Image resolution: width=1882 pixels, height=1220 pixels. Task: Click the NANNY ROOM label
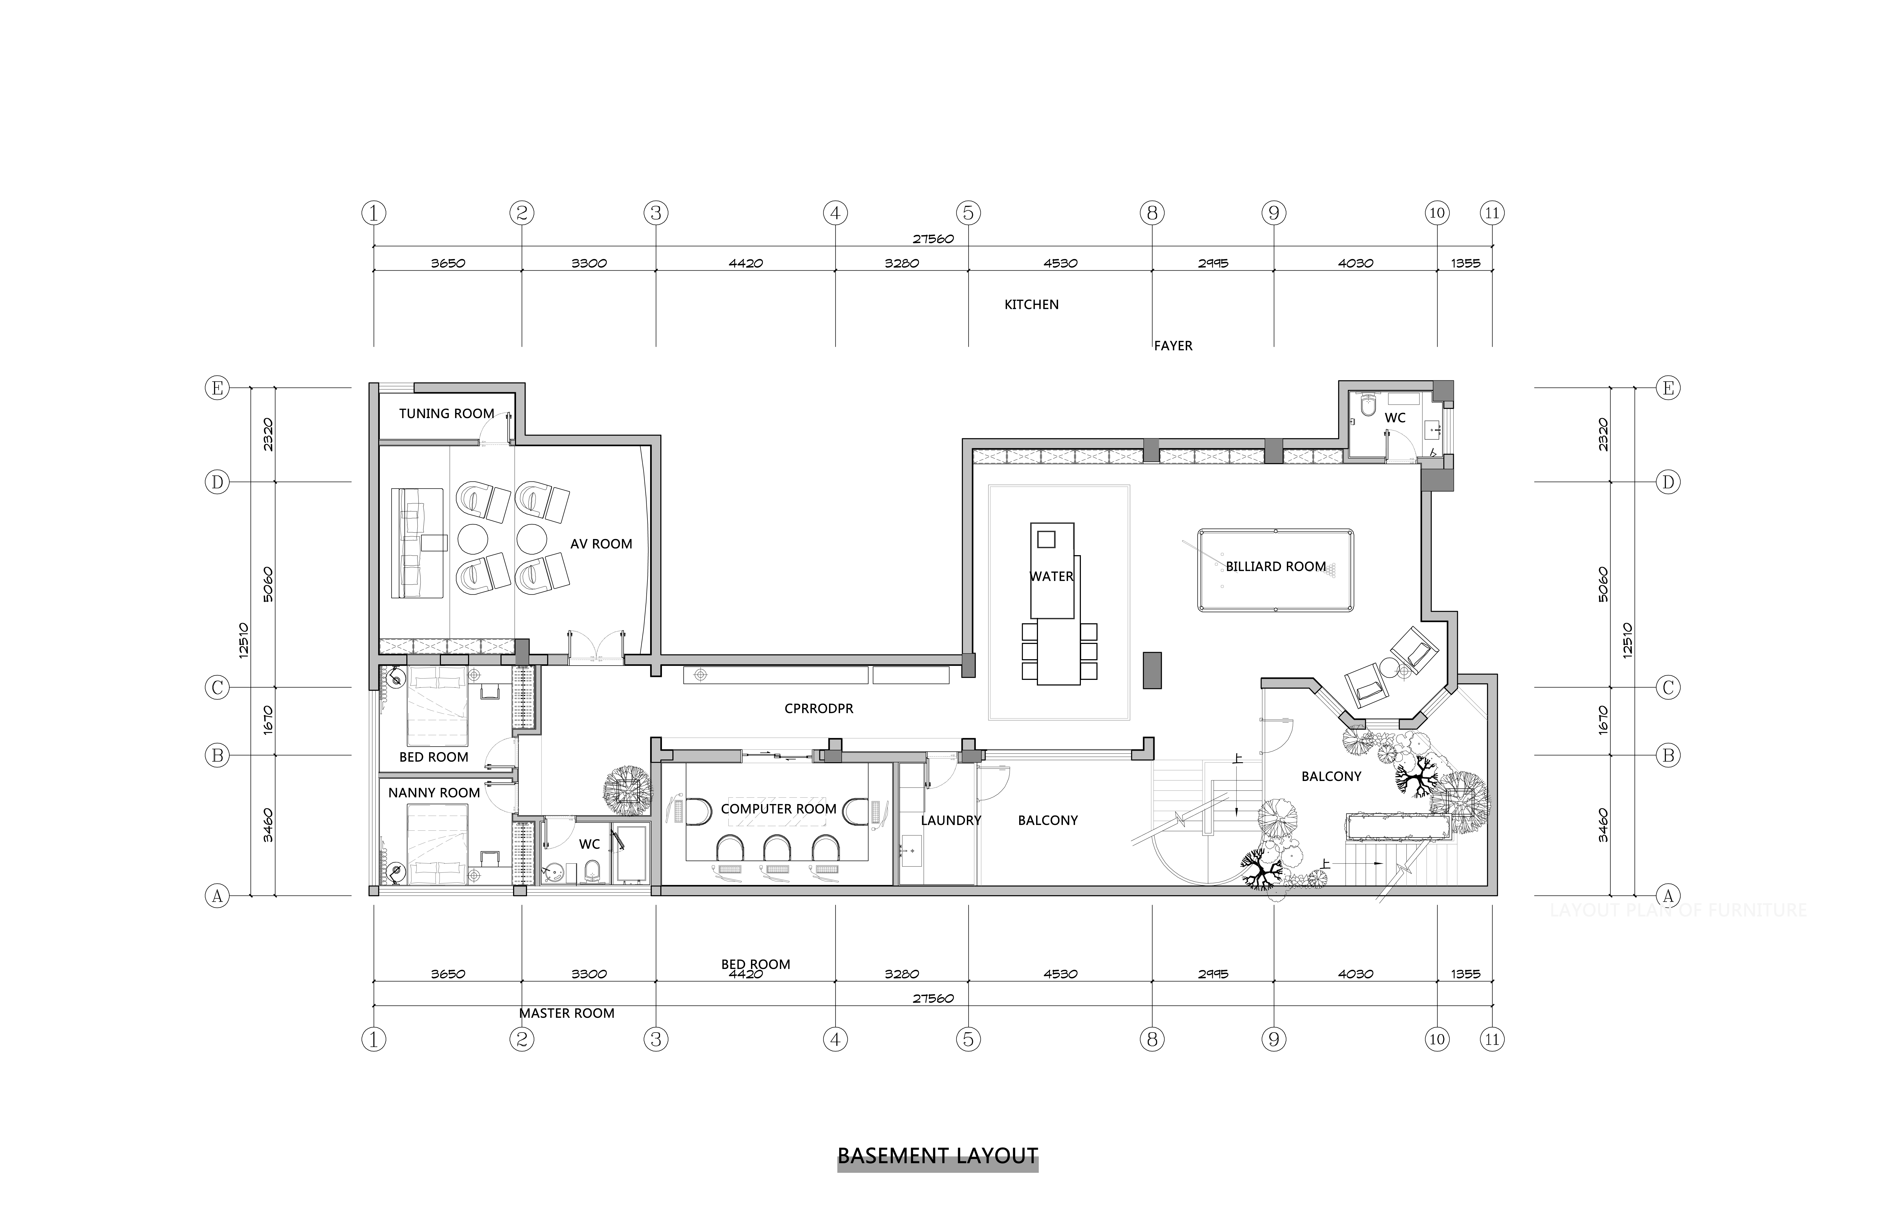(434, 792)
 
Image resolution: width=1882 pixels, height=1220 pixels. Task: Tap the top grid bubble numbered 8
(1152, 213)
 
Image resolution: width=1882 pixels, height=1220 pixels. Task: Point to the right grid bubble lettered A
(1668, 896)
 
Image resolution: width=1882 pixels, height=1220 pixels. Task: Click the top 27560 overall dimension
(933, 239)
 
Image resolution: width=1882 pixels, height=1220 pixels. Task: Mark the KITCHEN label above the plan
(1031, 304)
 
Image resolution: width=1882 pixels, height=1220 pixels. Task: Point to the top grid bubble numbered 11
(1492, 213)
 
